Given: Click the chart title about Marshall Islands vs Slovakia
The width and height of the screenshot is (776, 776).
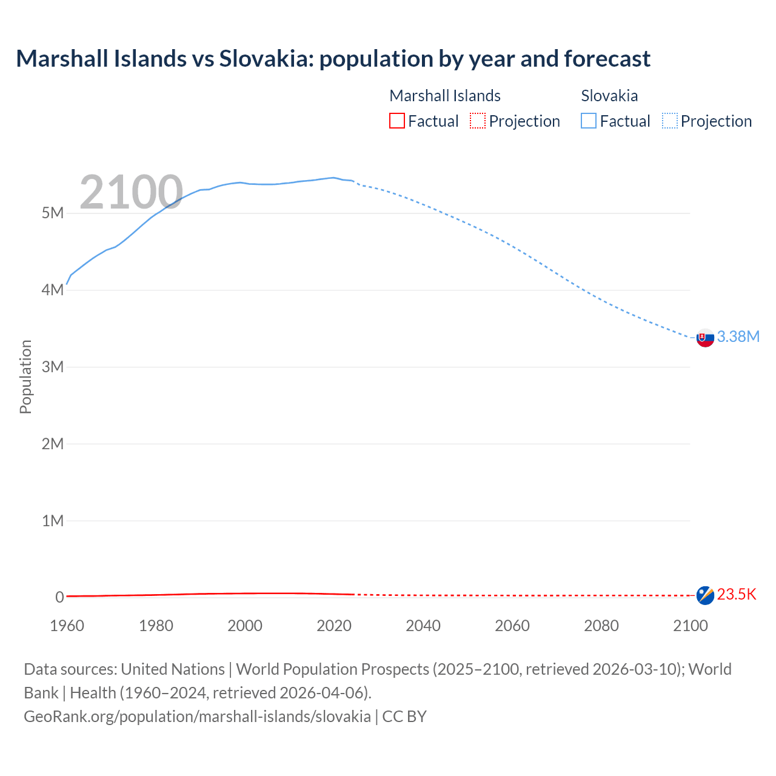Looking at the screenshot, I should click(x=333, y=59).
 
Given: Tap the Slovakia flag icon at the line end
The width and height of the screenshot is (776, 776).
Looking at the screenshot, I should click(x=705, y=338).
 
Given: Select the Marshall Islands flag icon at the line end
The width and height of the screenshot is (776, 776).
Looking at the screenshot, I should click(x=705, y=595).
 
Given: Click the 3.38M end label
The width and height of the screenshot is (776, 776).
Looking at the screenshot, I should click(x=738, y=337).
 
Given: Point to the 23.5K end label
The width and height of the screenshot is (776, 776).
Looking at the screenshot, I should click(x=737, y=595).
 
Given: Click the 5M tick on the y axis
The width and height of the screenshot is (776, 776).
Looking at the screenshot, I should click(x=53, y=213).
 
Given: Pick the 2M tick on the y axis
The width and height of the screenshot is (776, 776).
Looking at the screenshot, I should click(x=53, y=444).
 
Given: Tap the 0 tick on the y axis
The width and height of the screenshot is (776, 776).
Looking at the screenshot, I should click(x=59, y=597).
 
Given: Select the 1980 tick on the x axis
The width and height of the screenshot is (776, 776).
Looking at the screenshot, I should click(x=156, y=626).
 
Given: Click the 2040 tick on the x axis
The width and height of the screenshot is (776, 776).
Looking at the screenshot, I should click(x=423, y=626).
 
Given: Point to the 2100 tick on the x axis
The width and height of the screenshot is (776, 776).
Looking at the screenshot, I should click(x=690, y=626).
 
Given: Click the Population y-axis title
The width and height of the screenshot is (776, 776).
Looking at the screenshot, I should click(x=25, y=376).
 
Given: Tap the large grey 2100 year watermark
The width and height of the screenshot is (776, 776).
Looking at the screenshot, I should click(x=131, y=192).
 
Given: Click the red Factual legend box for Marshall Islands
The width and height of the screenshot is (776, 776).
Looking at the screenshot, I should click(x=397, y=121).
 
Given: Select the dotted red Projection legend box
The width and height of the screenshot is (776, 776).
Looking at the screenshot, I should click(x=478, y=121).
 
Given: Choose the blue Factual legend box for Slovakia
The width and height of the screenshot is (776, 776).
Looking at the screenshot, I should click(x=589, y=121).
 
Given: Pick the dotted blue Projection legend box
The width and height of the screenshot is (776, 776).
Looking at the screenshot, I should click(x=670, y=121).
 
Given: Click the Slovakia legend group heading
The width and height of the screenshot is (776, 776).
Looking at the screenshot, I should click(x=609, y=96).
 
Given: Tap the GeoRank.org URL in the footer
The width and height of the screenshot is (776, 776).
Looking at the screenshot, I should click(x=197, y=717).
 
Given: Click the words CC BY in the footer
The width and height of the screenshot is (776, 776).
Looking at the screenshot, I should click(x=404, y=717).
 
